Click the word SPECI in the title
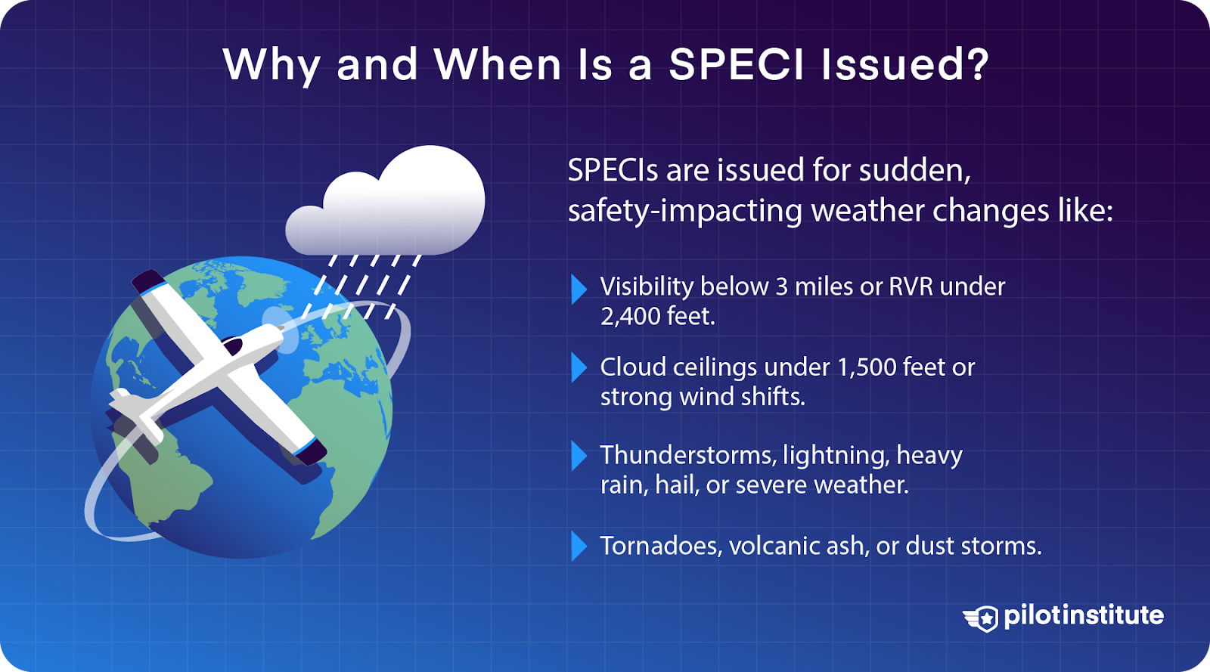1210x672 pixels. click(x=737, y=64)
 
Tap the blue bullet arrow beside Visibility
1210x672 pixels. click(x=579, y=289)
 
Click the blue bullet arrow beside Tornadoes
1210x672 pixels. click(x=579, y=546)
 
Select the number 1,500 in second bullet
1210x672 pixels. click(x=866, y=367)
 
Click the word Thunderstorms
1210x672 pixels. click(x=687, y=455)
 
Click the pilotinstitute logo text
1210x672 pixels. click(x=1083, y=615)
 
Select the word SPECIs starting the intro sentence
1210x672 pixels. click(x=613, y=171)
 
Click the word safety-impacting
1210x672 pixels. click(x=684, y=211)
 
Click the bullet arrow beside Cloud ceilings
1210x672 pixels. click(x=579, y=367)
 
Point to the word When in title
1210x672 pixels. click(x=497, y=64)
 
